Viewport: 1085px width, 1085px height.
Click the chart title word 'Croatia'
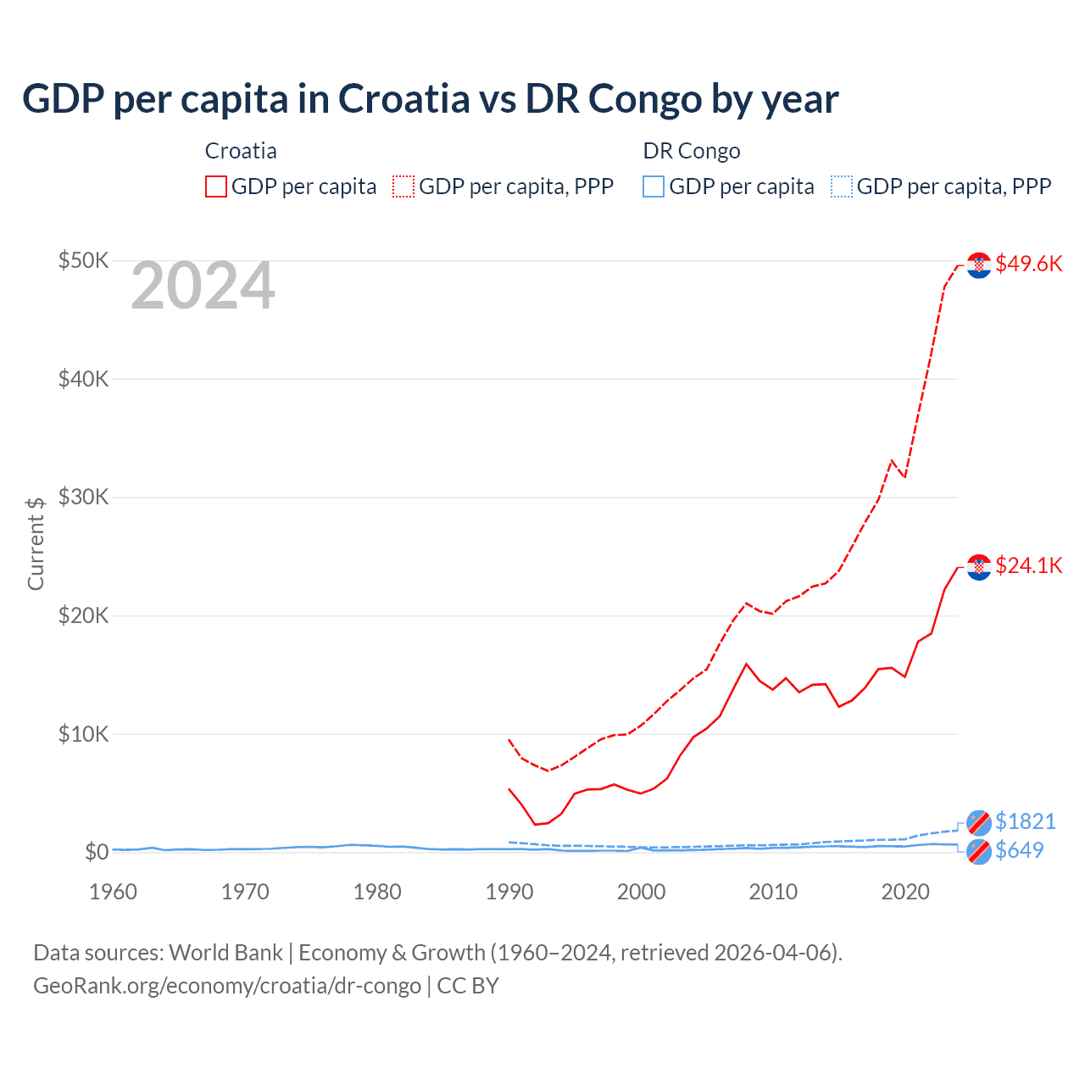403,98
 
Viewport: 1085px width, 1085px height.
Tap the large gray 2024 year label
203,287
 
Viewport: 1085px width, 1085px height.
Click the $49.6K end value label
1028,264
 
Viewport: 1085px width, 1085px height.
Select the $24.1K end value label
1028,565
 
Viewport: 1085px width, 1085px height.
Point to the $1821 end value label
1025,821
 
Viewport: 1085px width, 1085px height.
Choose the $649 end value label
1019,850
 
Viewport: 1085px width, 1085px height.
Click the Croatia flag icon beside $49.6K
979,265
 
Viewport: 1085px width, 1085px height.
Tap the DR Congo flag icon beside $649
979,852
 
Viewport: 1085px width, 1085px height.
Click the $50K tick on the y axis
83,260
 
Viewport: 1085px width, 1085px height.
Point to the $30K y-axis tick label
83,497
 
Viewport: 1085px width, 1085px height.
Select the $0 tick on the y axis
96,852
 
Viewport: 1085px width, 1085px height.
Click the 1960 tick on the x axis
113,892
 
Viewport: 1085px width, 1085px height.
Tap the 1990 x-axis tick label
509,892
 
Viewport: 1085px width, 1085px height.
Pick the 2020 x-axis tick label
905,892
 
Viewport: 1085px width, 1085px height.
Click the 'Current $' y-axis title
36,543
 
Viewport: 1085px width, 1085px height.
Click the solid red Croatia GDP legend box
216,186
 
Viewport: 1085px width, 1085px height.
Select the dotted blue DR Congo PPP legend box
842,186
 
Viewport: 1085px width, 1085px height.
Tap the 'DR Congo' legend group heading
692,151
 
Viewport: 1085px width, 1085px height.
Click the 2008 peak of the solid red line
746,664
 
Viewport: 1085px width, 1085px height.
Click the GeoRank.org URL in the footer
227,986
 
